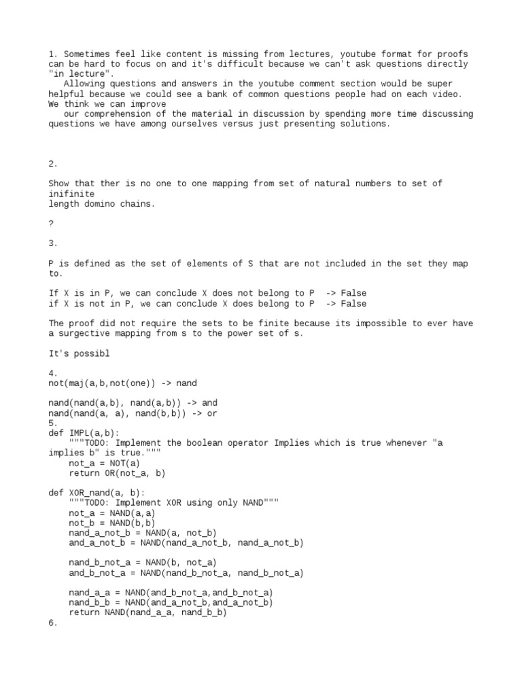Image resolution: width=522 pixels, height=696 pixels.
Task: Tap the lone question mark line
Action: (x=51, y=224)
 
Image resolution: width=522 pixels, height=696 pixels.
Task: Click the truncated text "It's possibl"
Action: (x=79, y=354)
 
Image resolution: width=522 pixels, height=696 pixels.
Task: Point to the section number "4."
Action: (x=53, y=374)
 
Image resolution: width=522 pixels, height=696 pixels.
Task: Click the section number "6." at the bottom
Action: (x=53, y=623)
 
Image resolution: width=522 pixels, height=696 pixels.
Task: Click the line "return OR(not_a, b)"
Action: (x=117, y=473)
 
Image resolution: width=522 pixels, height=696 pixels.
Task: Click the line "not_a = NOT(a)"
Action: (x=104, y=464)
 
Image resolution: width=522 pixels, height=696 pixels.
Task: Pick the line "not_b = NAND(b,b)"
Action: (x=111, y=523)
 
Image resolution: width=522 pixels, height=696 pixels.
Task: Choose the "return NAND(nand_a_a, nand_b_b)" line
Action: (x=147, y=612)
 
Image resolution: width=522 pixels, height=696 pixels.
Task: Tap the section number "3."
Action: (x=53, y=243)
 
